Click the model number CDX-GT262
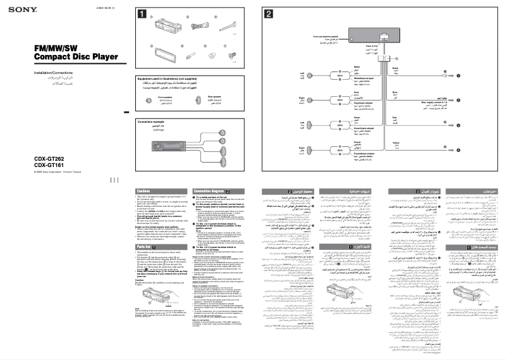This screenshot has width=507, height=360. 34,159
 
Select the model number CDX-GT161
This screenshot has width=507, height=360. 34,166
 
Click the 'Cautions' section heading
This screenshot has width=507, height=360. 145,190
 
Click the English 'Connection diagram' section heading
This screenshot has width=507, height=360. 208,190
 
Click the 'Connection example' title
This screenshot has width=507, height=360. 154,120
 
